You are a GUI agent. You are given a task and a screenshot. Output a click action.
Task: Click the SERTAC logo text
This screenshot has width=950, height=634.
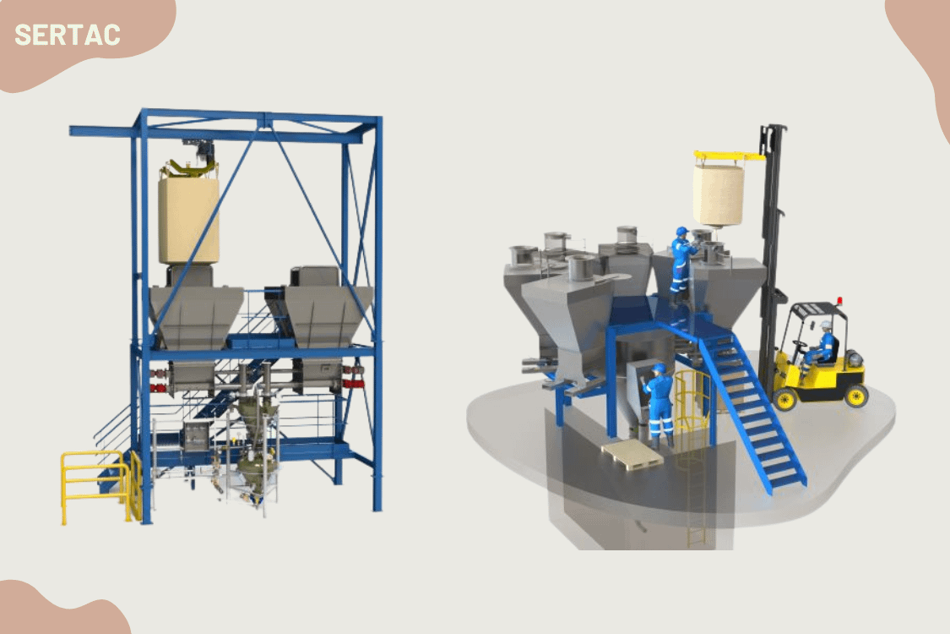coord(68,35)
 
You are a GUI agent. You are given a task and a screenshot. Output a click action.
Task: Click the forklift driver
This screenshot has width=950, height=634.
coord(822,344)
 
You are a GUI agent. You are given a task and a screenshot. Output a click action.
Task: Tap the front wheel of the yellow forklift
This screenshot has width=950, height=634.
coord(784,399)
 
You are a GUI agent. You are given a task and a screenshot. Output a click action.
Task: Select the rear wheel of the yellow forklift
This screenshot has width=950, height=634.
coord(855,396)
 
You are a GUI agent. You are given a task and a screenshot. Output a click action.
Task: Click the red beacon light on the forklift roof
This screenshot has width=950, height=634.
coord(839,301)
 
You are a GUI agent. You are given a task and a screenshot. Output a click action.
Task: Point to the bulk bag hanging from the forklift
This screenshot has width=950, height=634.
coord(719,194)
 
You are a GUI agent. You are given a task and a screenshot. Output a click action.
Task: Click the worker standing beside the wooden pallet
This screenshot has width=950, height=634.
coord(658,403)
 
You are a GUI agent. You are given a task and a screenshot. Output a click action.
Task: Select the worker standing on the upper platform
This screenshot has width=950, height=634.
coord(683,265)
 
